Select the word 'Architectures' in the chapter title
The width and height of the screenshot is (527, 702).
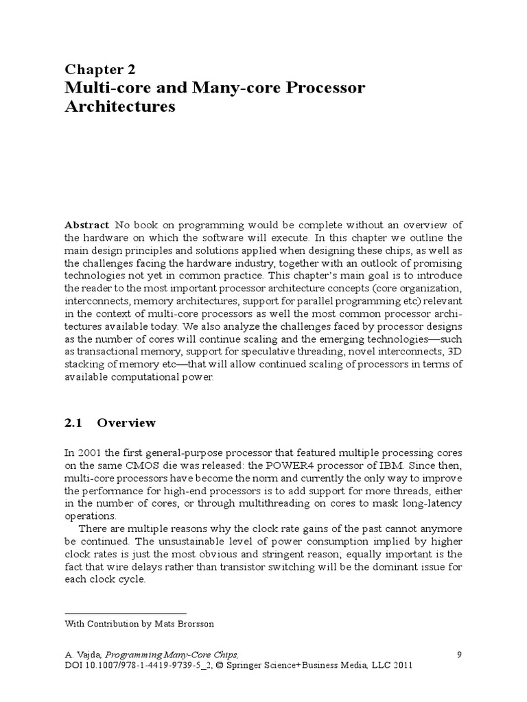[x=120, y=107]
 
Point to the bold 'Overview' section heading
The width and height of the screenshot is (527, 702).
[x=126, y=423]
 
